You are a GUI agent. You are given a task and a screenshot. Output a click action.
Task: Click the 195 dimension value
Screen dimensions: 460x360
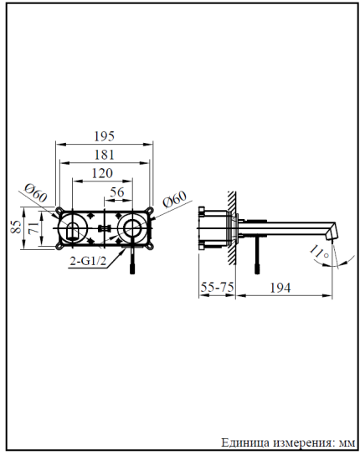(105, 136)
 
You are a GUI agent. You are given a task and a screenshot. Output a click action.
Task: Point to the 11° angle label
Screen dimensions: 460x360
(317, 250)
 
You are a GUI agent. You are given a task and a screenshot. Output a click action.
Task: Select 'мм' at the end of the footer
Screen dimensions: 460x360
(344, 442)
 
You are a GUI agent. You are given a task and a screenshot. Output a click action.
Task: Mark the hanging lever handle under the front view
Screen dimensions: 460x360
(131, 259)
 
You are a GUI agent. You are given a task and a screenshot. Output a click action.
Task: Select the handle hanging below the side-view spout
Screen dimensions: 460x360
(257, 254)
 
